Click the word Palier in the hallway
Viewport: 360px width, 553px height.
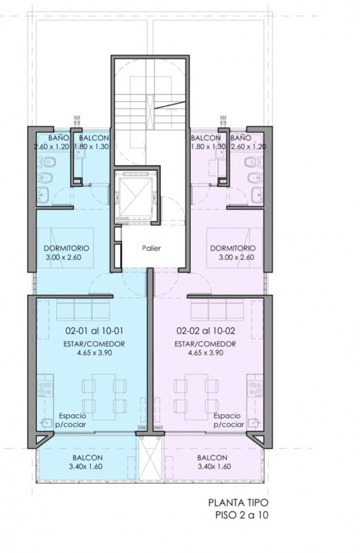151,248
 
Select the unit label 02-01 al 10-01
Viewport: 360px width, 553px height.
94,331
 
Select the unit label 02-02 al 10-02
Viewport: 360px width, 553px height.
206,331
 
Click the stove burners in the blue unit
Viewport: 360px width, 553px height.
46,388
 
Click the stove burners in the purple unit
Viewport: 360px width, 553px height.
255,388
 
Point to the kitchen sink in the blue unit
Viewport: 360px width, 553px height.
46,423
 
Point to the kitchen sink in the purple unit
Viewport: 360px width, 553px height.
255,423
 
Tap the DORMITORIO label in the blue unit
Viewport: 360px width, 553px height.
66,248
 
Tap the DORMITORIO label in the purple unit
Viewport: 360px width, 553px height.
233,248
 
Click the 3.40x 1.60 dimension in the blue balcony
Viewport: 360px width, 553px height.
86,466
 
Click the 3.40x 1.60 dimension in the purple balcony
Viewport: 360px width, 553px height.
215,466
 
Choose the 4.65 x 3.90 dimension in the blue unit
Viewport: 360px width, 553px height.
94,352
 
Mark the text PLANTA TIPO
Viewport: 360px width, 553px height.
238,502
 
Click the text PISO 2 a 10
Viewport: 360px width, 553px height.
241,515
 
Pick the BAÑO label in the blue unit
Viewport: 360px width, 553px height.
59,137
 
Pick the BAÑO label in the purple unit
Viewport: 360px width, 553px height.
241,137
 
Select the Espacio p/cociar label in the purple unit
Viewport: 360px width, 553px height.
228,420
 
